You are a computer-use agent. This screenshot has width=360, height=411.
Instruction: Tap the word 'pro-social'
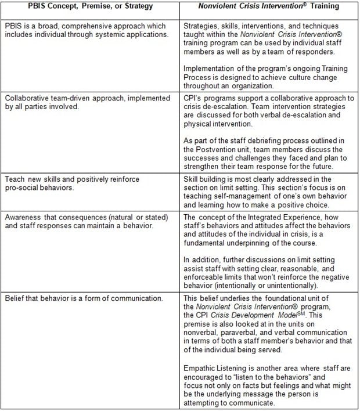click(x=23, y=188)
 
